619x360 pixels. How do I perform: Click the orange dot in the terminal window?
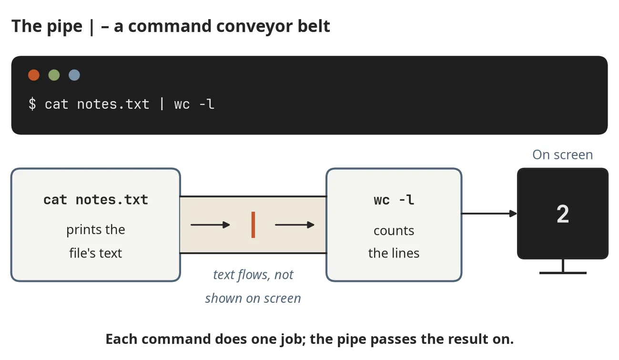point(34,75)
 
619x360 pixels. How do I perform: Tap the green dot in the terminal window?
point(54,75)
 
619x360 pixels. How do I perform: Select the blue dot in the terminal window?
point(74,75)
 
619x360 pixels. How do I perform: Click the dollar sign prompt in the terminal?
point(32,104)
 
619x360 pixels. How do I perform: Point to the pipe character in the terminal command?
point(162,104)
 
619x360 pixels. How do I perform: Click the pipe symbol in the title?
point(92,27)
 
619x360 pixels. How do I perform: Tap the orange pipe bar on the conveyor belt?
point(253,225)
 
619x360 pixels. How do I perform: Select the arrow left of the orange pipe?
point(210,225)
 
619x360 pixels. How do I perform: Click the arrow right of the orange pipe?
point(294,225)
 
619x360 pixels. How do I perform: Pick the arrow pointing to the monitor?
point(489,214)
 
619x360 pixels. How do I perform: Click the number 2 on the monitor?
point(563,214)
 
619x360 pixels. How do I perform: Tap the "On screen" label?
point(563,154)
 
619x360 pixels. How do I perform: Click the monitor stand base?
point(563,273)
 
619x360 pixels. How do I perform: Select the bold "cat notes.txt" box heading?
point(96,200)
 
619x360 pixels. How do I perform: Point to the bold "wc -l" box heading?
point(394,200)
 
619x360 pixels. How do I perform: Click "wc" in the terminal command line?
point(182,105)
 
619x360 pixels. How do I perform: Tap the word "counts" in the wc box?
point(394,231)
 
